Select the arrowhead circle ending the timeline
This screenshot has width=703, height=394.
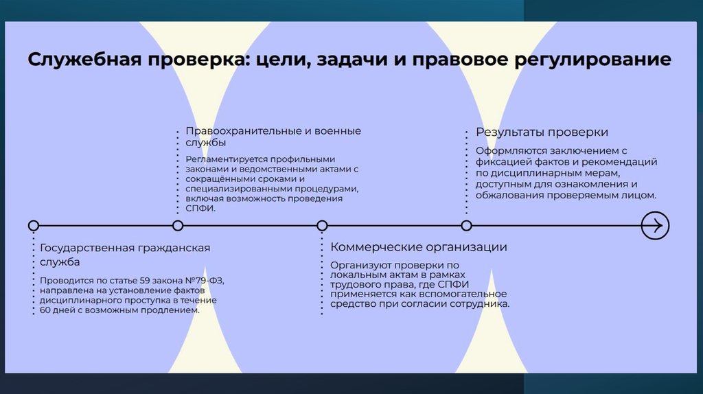point(654,225)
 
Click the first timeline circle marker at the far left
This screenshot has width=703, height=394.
point(33,225)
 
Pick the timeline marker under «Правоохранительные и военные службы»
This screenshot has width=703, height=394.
point(178,225)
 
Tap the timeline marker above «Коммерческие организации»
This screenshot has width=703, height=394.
point(322,225)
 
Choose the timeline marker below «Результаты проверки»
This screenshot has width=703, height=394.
point(466,225)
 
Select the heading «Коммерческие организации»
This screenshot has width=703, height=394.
point(418,247)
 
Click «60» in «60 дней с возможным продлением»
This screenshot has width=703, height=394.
point(46,310)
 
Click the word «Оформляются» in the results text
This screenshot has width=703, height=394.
point(509,151)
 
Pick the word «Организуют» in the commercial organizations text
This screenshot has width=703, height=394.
point(358,265)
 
